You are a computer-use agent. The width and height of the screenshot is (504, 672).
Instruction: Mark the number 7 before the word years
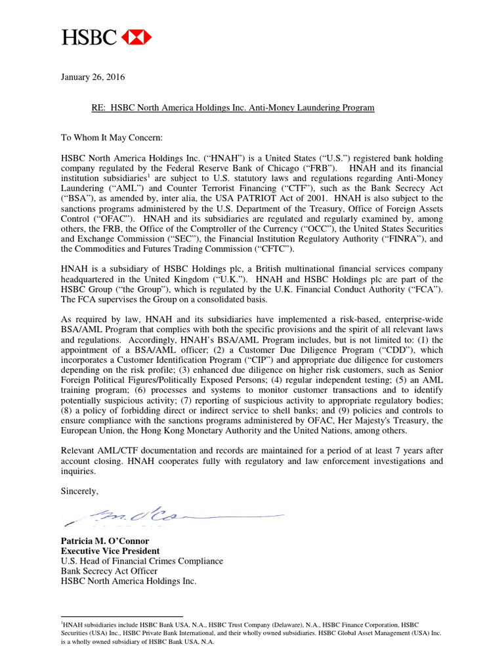[390, 451]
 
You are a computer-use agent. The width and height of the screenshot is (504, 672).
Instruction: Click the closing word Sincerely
[79, 491]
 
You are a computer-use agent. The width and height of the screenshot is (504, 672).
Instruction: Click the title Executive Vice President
[110, 551]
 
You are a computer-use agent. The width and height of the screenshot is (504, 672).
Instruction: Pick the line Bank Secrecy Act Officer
[109, 571]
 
